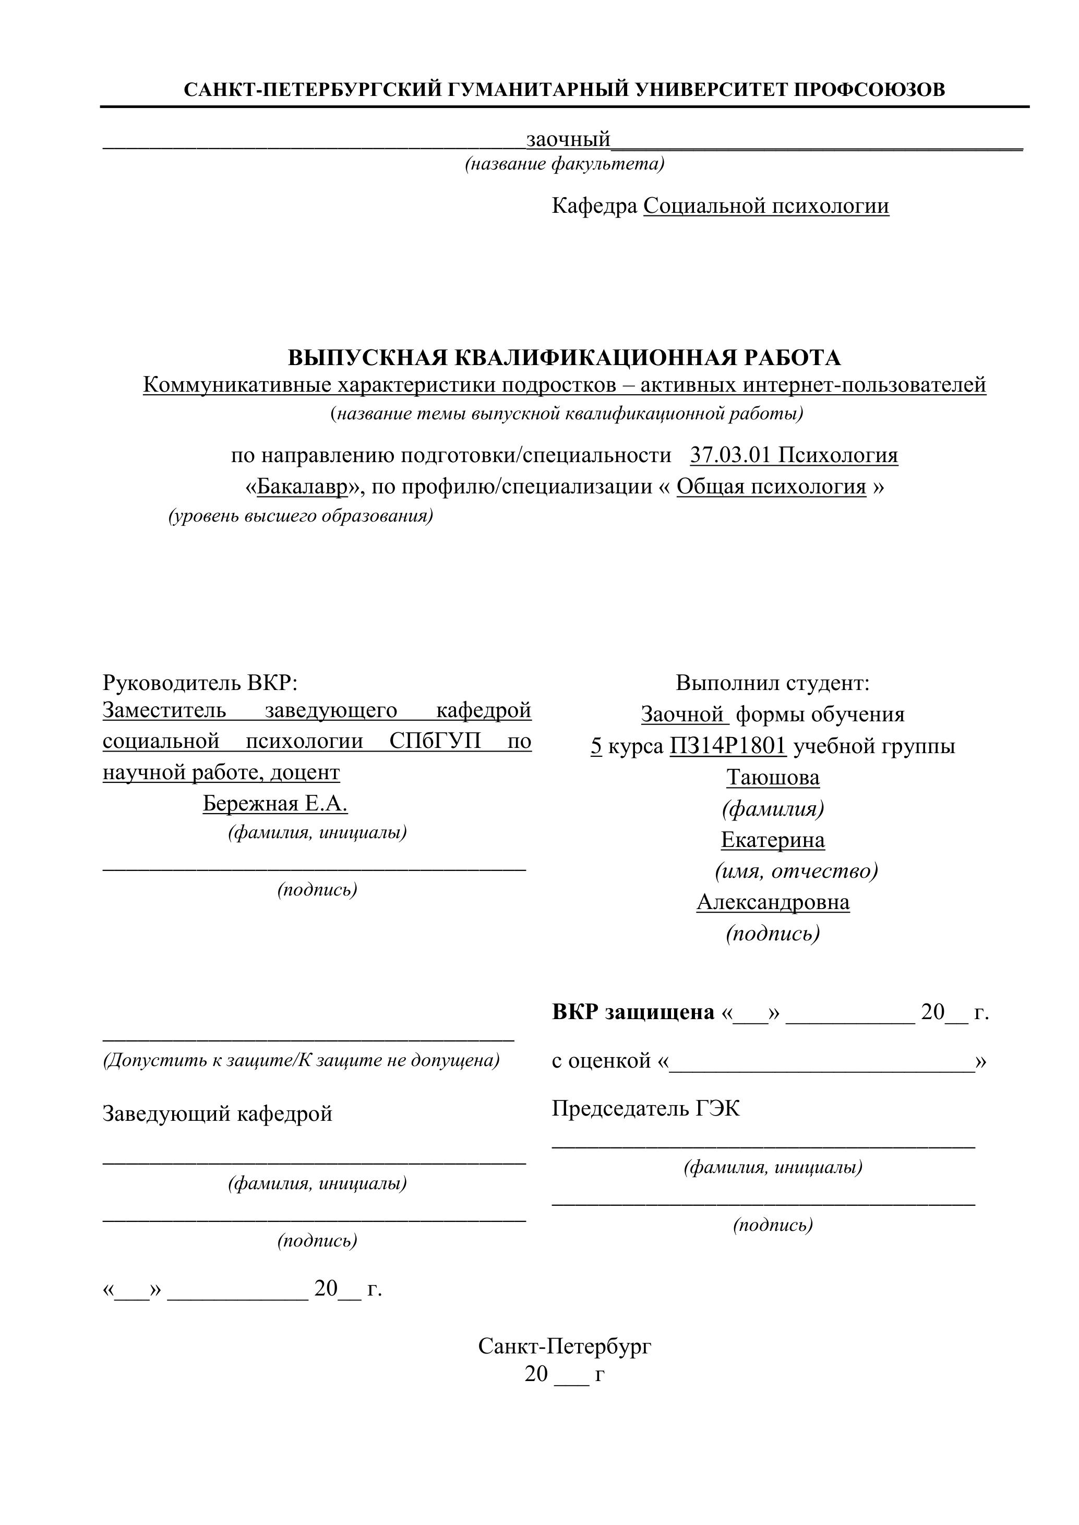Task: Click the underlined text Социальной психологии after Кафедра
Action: pos(765,207)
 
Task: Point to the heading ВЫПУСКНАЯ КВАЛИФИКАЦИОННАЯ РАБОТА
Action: pos(564,358)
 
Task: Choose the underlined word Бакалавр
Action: pos(302,487)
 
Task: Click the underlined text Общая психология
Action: pos(771,487)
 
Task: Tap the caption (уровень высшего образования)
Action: pos(301,516)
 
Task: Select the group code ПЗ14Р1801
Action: pos(727,746)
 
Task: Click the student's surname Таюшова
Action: pos(773,777)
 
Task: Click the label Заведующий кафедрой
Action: pos(217,1114)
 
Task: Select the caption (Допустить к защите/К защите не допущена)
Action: pos(301,1060)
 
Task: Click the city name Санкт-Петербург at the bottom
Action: pos(564,1346)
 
